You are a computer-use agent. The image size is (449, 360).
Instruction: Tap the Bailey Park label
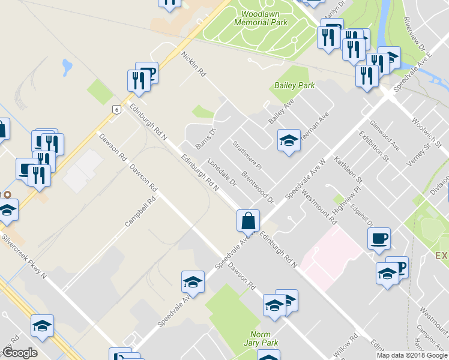pos(295,85)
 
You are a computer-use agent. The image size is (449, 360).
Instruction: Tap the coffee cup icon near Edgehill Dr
pos(378,238)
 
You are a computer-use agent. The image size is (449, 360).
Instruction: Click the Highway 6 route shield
pos(115,109)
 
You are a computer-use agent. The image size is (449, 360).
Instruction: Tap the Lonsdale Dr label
pos(220,173)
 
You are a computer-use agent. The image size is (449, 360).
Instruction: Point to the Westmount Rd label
pos(320,208)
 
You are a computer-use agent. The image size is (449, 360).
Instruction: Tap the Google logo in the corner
pos(20,353)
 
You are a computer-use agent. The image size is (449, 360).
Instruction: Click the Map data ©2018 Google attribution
pos(412,355)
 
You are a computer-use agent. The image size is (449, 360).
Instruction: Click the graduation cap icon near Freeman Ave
pos(289,142)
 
